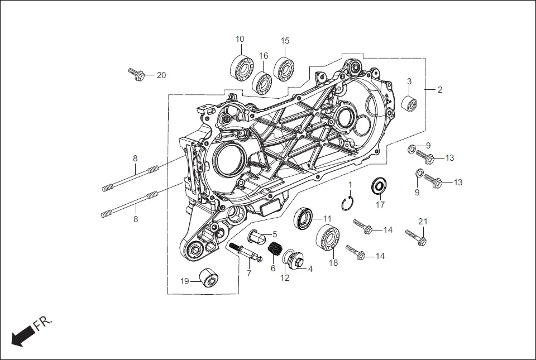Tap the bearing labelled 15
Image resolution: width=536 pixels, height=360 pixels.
point(284,69)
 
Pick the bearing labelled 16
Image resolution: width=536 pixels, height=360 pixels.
point(261,83)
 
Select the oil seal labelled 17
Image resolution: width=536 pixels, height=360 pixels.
point(380,185)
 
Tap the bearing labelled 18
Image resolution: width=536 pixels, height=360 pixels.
point(329,238)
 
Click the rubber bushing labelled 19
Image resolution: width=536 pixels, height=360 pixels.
point(208,277)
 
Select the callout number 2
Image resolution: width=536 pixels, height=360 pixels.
point(439,89)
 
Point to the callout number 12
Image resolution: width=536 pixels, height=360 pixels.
point(285,277)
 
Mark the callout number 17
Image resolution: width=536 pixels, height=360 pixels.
point(380,205)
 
